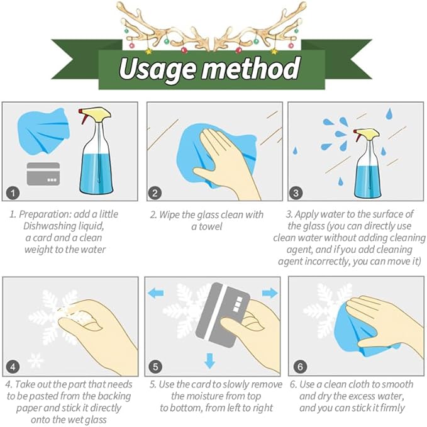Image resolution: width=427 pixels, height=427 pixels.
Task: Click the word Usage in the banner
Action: [x=157, y=69]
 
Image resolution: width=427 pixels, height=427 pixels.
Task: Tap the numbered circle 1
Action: [x=13, y=193]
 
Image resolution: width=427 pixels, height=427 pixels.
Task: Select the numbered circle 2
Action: [x=155, y=193]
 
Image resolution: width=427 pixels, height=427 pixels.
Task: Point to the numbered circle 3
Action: [x=296, y=193]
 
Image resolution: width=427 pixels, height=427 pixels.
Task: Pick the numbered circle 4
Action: [x=13, y=367]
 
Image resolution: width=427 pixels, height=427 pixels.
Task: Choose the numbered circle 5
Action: [x=155, y=367]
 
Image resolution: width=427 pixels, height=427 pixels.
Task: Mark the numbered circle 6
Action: [x=300, y=367]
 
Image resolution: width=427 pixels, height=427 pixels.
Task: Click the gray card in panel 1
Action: [x=43, y=174]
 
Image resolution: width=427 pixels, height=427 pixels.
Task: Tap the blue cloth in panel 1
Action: [x=43, y=131]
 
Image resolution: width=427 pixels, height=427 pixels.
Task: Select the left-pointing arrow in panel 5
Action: [x=155, y=293]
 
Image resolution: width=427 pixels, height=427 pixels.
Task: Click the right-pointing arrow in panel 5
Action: [x=270, y=293]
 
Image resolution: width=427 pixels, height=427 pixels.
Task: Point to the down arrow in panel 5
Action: [x=209, y=361]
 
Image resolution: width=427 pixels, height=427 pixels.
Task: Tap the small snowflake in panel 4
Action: [x=36, y=360]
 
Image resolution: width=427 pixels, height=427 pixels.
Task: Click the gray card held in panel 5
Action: [x=222, y=315]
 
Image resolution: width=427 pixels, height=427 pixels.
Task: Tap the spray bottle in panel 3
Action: [x=367, y=164]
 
